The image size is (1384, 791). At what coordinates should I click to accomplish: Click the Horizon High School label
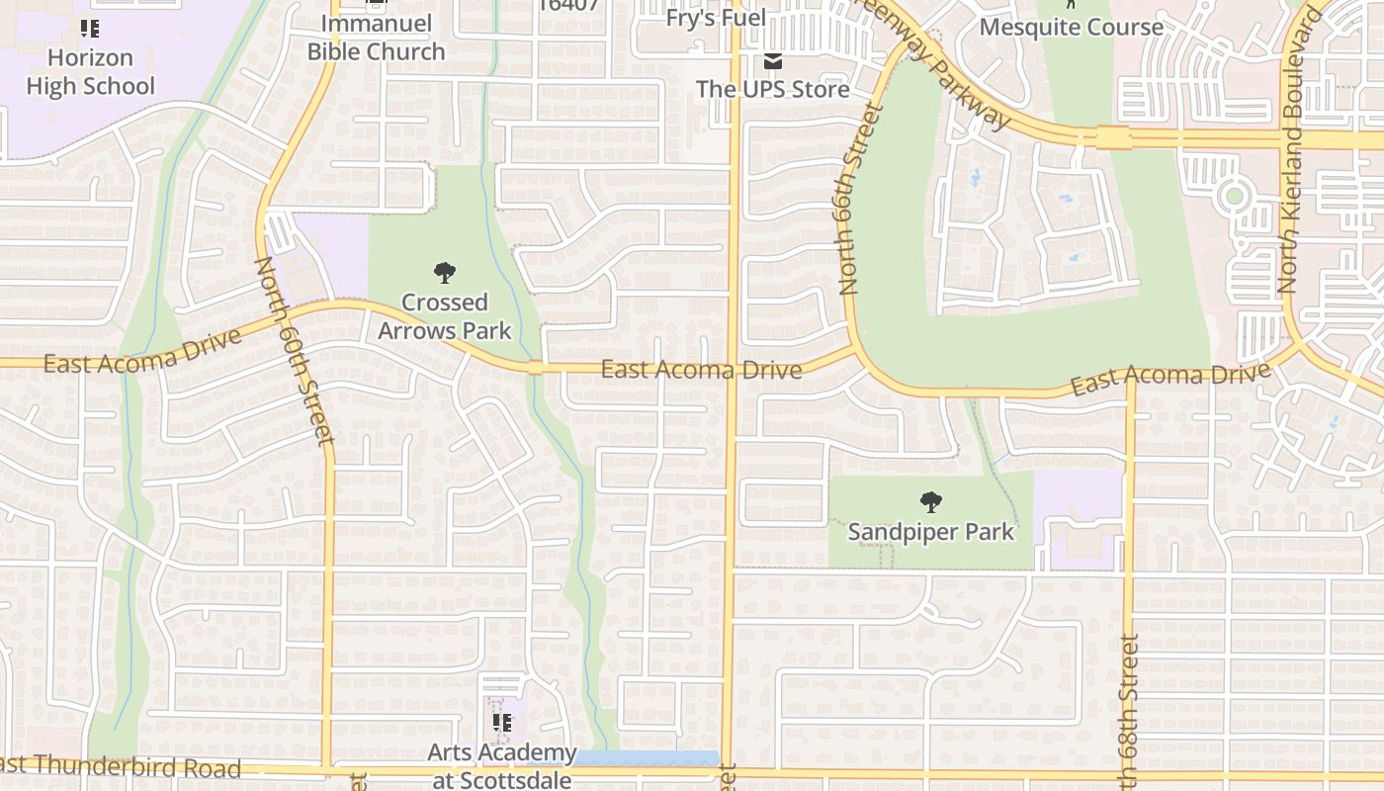[x=90, y=72]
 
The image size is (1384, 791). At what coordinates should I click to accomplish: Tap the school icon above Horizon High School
[x=90, y=29]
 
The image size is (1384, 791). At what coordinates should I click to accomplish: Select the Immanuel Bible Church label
[x=376, y=38]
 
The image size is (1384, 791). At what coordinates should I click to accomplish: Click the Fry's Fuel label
[x=717, y=18]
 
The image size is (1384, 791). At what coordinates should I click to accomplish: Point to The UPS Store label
[x=773, y=89]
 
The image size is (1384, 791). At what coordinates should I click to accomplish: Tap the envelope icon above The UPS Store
[x=773, y=61]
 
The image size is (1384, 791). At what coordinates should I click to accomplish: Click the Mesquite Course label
[x=1072, y=27]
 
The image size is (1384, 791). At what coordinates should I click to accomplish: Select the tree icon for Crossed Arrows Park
[x=445, y=272]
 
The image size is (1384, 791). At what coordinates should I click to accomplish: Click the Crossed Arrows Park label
[x=445, y=316]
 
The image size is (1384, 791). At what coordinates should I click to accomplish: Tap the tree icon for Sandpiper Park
[x=930, y=502]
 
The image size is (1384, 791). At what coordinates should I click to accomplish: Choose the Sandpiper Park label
[x=930, y=532]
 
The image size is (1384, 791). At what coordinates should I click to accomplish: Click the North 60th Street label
[x=296, y=351]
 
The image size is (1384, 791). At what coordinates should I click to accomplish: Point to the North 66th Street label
[x=858, y=198]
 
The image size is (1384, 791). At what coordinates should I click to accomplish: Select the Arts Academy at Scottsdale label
[x=502, y=766]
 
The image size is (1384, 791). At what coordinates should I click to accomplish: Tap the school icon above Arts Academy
[x=502, y=723]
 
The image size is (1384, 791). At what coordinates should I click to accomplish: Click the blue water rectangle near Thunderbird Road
[x=648, y=757]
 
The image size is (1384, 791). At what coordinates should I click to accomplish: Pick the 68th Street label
[x=1130, y=712]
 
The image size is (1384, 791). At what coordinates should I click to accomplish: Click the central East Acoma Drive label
[x=701, y=370]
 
